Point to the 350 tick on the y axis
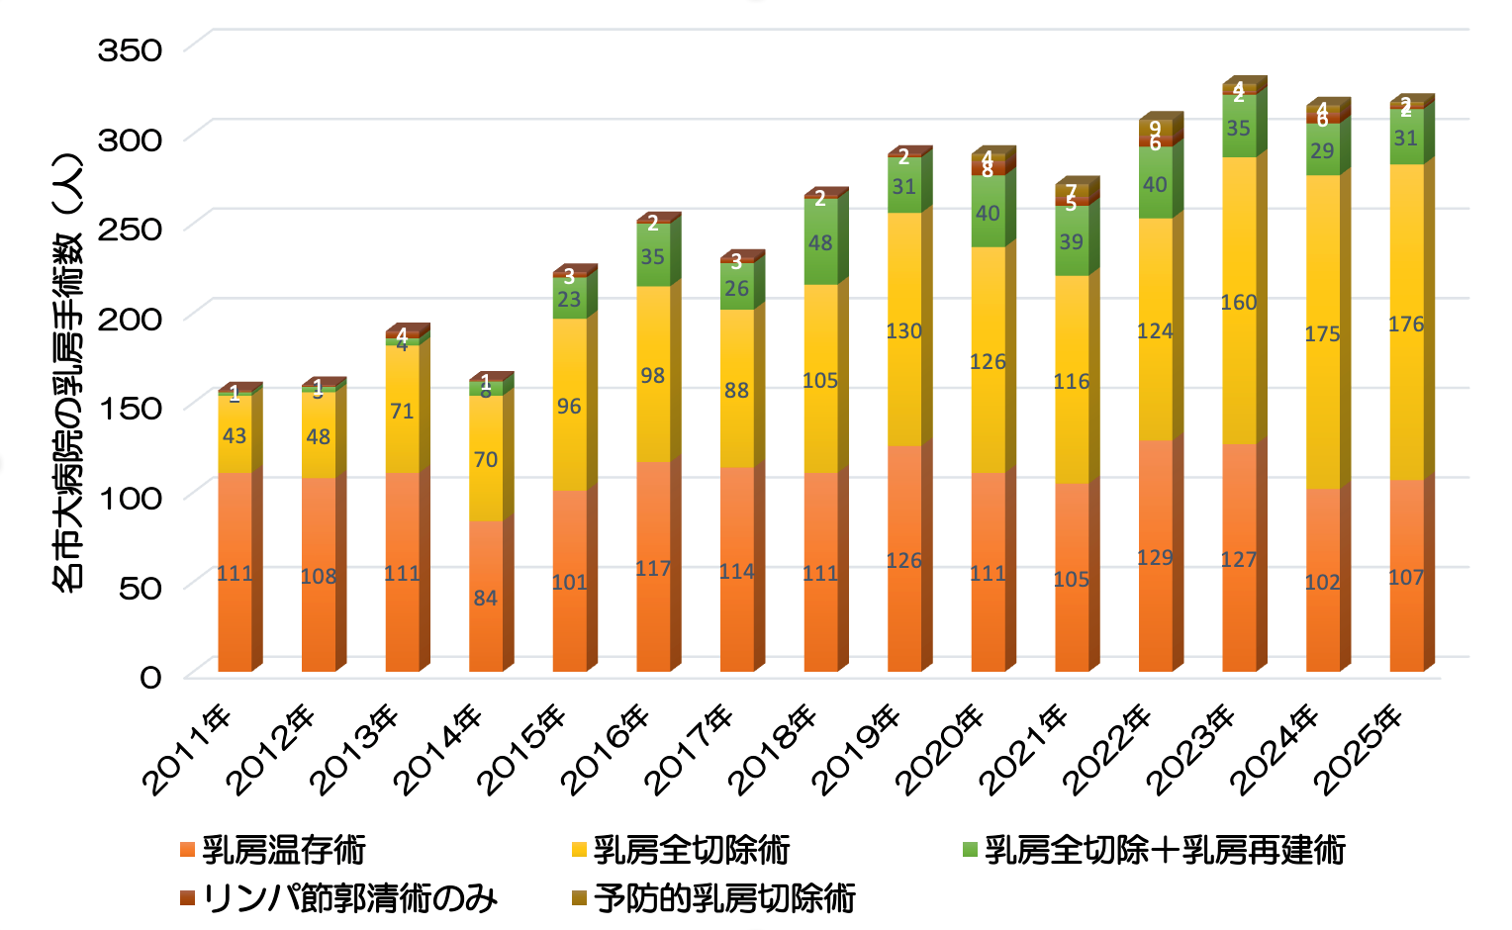pos(129,49)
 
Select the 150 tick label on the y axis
pos(129,407)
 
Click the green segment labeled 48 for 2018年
pos(820,242)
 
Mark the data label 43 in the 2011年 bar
pos(235,435)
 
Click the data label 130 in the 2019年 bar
pos(903,330)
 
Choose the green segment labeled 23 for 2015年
pos(569,299)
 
